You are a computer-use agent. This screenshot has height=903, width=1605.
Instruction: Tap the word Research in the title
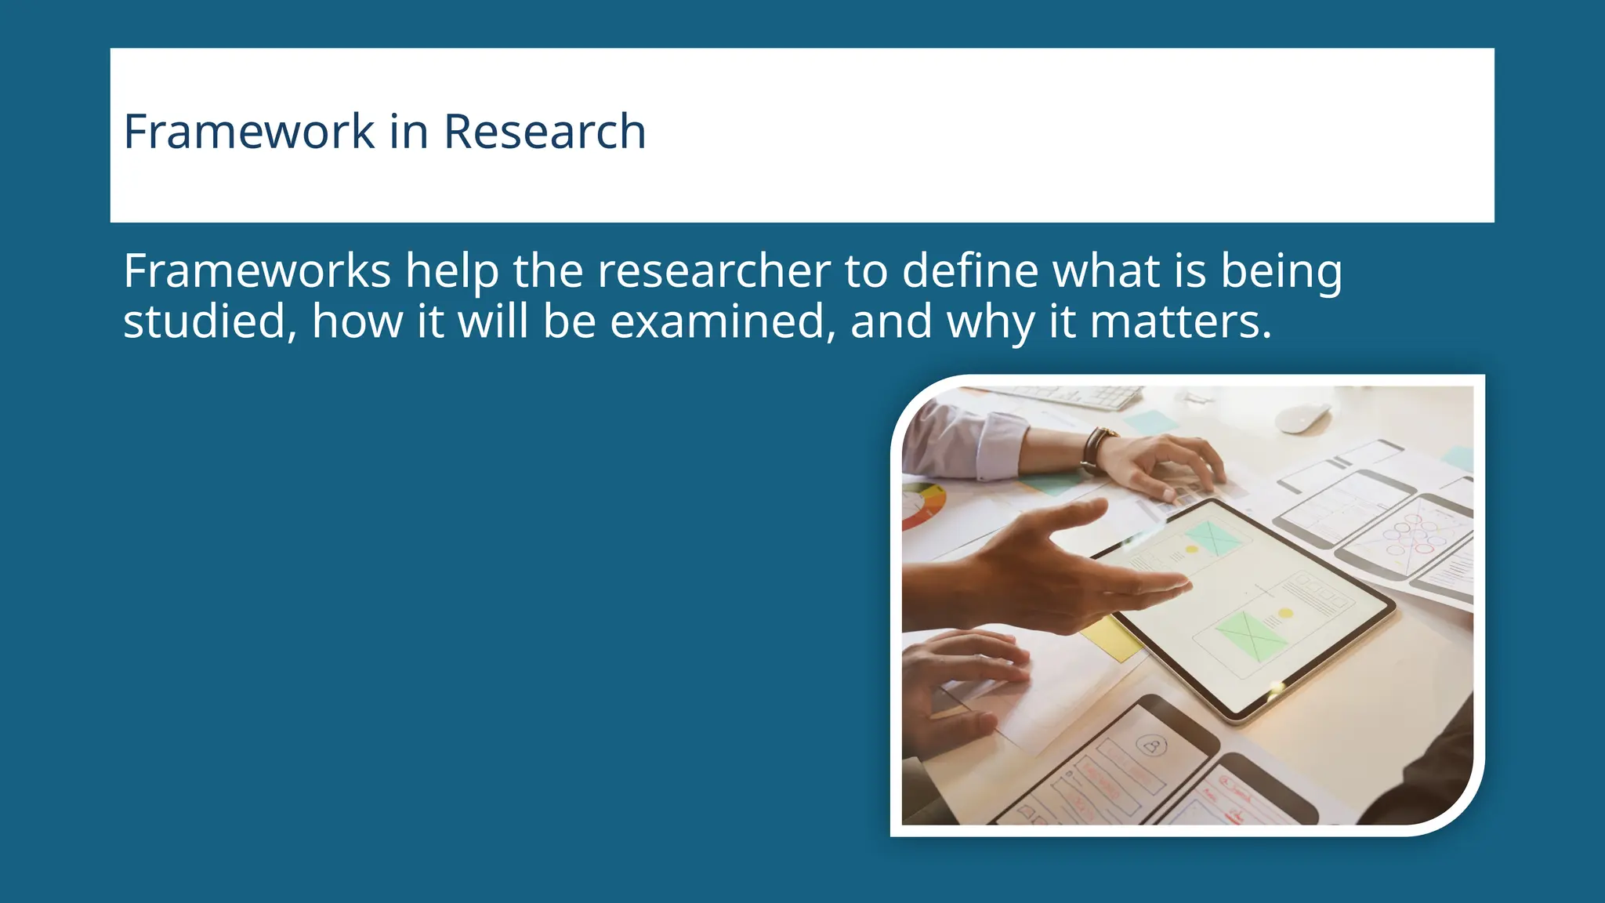[x=545, y=131]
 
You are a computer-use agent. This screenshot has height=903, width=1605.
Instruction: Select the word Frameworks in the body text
[x=257, y=271]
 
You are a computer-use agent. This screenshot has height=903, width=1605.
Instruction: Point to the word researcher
[x=713, y=271]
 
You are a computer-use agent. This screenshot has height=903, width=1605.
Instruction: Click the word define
[x=969, y=271]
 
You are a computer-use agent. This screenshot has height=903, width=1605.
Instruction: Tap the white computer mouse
[x=1302, y=418]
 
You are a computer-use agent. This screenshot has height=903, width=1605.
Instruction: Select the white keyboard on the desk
[x=1081, y=397]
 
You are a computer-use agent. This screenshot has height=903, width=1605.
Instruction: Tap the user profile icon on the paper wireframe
[x=1152, y=745]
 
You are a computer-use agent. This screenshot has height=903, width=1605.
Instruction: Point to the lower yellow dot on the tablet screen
[x=1284, y=613]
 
